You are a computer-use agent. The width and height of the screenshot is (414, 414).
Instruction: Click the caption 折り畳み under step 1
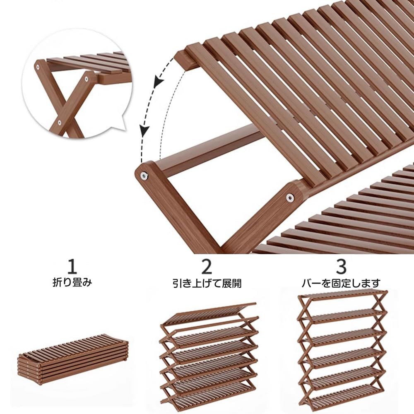pyautogui.click(x=72, y=283)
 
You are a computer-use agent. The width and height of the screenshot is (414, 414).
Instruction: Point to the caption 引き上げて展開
pyautogui.click(x=207, y=283)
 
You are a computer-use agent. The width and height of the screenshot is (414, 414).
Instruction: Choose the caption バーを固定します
pyautogui.click(x=341, y=283)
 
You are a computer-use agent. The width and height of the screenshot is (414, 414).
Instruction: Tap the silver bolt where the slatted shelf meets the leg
pyautogui.click(x=290, y=197)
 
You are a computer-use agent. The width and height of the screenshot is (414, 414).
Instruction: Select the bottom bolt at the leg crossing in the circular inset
pyautogui.click(x=60, y=122)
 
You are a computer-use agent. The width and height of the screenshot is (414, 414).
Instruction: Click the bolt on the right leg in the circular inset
pyautogui.click(x=87, y=79)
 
